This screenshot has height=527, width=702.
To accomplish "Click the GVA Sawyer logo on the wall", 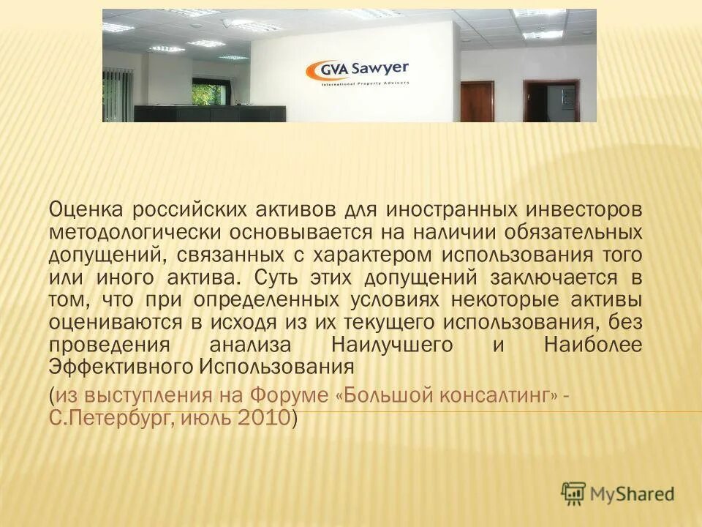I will click(x=356, y=72).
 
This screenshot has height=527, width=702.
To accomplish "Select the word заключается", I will click(x=553, y=278).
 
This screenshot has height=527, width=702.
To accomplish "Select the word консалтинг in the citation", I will click(x=497, y=397).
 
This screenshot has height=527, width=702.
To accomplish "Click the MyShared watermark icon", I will click(x=573, y=493).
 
